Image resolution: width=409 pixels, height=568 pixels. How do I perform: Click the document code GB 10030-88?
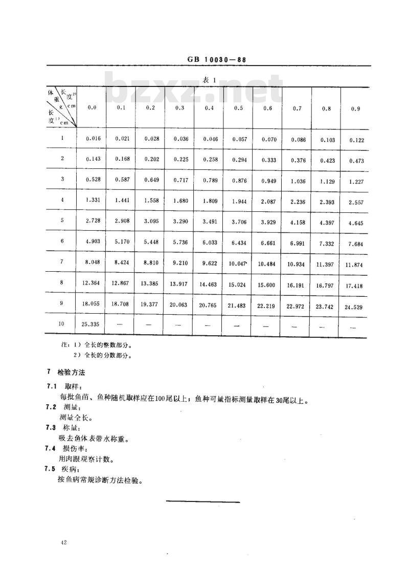[x=214, y=59]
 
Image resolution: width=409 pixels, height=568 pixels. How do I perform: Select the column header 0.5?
[x=238, y=108]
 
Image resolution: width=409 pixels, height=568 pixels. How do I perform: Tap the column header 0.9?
[x=355, y=109]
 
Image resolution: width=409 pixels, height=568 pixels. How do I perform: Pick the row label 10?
[x=62, y=323]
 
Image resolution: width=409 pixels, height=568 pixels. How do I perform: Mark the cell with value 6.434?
[x=238, y=244]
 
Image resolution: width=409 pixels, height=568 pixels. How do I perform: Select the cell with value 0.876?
[x=238, y=180]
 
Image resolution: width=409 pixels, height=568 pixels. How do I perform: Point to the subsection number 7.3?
[x=50, y=427]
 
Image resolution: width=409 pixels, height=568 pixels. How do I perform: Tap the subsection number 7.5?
[x=50, y=469]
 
